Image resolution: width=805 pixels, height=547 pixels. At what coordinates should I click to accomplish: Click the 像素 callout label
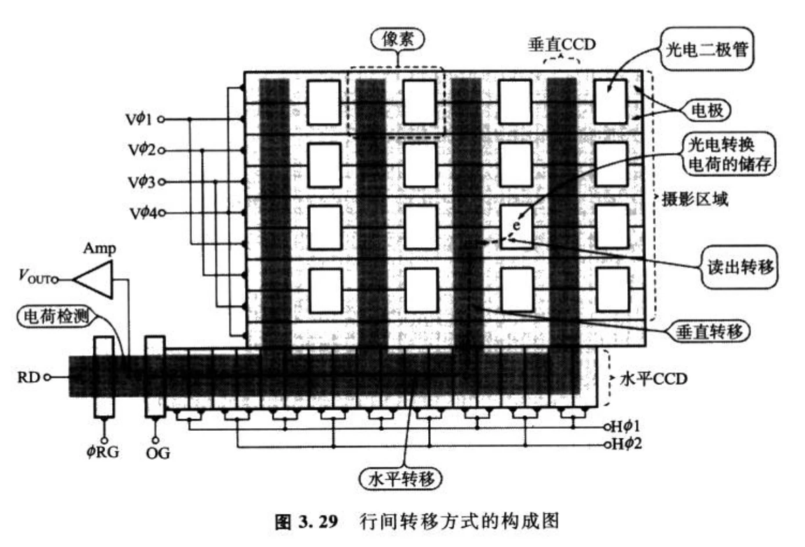click(x=397, y=39)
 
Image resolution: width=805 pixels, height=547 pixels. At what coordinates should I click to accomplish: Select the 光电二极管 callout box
click(x=706, y=49)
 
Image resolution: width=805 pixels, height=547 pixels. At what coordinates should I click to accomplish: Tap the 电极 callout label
click(x=706, y=110)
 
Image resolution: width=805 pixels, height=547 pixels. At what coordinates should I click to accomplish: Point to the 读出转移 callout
click(x=739, y=267)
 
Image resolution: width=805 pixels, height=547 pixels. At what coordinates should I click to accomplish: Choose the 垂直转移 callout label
click(x=709, y=332)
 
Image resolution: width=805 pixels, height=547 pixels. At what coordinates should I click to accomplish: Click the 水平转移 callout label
click(x=401, y=479)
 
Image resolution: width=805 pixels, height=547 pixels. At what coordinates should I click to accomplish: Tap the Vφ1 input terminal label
click(x=140, y=119)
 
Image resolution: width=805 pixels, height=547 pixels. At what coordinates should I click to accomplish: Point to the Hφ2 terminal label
click(x=627, y=444)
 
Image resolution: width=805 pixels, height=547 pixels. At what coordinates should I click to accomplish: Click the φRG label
click(x=103, y=452)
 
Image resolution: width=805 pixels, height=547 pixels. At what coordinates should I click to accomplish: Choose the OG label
click(x=157, y=453)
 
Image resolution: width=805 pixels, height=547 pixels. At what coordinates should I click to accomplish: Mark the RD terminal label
click(x=29, y=377)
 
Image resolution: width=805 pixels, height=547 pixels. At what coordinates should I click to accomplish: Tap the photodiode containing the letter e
click(x=517, y=227)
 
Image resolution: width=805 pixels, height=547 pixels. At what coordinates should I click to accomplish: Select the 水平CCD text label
click(x=654, y=379)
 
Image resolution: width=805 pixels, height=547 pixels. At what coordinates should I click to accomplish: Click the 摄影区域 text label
click(x=695, y=199)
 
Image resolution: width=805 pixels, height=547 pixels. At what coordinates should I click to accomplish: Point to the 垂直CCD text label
click(x=562, y=45)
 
